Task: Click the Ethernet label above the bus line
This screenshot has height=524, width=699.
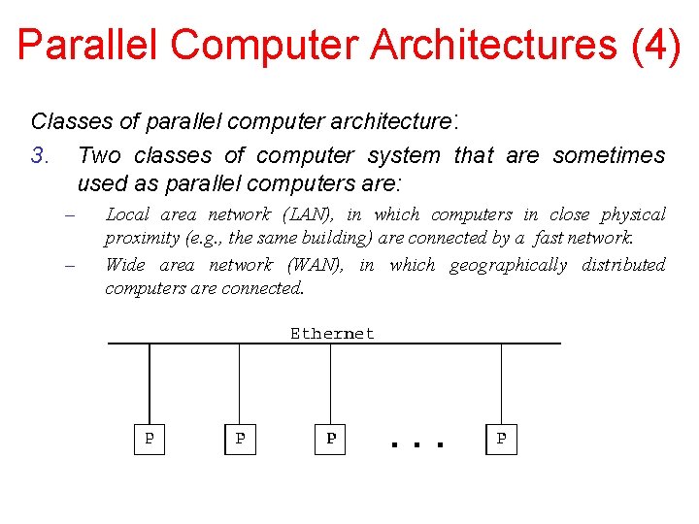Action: click(x=332, y=333)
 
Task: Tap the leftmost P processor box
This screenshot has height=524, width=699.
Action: click(x=149, y=439)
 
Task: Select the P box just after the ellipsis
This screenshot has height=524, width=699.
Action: click(x=501, y=439)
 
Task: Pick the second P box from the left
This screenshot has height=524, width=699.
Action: click(x=240, y=439)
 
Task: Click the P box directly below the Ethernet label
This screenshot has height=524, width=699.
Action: click(x=330, y=439)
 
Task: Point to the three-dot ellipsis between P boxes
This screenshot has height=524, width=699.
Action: click(x=416, y=443)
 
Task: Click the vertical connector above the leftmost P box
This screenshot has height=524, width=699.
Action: click(x=150, y=383)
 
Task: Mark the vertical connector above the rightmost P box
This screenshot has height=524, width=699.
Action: click(x=501, y=383)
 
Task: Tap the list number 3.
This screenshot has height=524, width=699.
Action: click(x=39, y=155)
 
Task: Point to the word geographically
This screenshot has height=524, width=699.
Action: click(x=508, y=265)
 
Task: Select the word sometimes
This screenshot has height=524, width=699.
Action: click(x=610, y=155)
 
